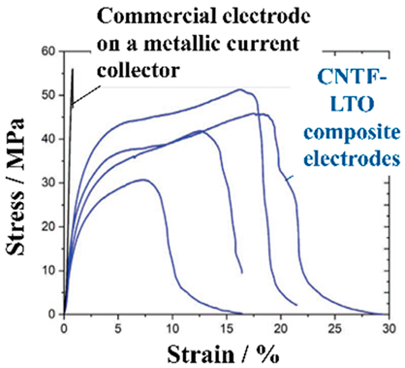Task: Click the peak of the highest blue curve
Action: point(239,90)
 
